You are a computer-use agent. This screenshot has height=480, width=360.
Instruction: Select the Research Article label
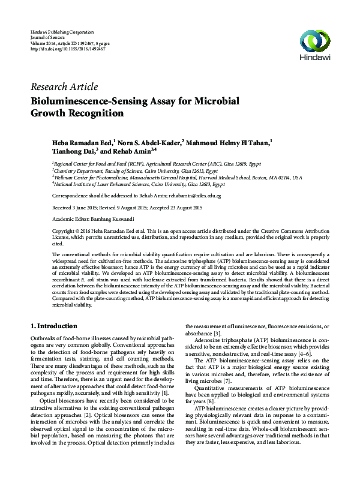click(x=63, y=87)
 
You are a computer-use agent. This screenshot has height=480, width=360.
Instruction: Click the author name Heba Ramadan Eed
click(x=82, y=143)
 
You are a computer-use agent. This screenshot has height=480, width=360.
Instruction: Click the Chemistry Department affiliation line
click(x=84, y=171)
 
